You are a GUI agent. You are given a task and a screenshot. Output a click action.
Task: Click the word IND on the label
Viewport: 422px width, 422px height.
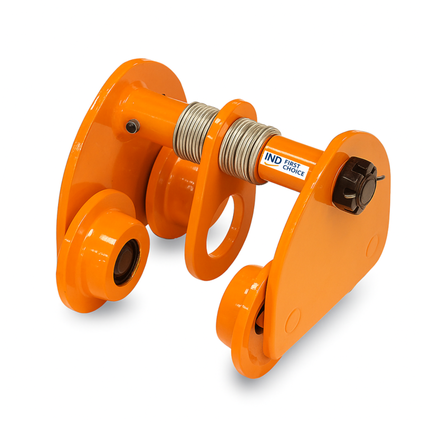(273, 158)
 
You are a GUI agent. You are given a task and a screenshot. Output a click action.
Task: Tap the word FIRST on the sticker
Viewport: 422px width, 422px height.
(292, 164)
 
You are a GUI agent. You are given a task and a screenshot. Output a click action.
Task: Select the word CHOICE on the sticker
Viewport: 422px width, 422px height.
(293, 170)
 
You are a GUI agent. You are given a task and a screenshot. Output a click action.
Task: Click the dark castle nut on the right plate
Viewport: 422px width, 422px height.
(354, 186)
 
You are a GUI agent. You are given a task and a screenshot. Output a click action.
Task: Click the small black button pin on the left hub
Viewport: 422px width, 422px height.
(133, 126)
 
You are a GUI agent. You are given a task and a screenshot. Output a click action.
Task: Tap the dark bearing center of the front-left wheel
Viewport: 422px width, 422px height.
(126, 262)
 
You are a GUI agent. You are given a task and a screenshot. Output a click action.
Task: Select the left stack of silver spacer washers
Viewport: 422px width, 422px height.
(194, 132)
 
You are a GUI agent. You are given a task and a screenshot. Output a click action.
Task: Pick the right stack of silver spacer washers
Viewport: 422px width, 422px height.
(248, 151)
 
